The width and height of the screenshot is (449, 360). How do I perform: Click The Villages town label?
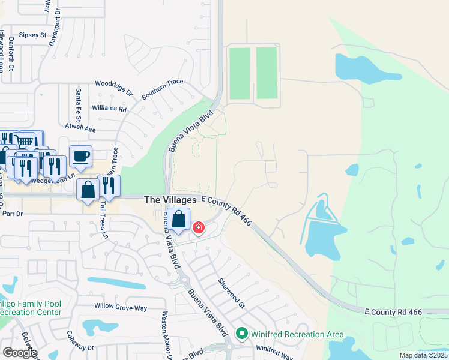pos(170,200)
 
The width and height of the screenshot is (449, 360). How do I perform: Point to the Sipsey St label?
pos(32,35)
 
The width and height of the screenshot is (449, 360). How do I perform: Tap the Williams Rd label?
pos(109,109)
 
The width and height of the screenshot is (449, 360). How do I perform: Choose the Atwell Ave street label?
pos(81,129)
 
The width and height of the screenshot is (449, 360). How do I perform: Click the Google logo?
pos(19,353)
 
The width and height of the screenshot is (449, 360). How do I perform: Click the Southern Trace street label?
pos(162,89)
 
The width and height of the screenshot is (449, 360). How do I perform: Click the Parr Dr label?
pos(11,213)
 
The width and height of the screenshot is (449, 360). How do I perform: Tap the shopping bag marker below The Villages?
pos(178,220)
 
